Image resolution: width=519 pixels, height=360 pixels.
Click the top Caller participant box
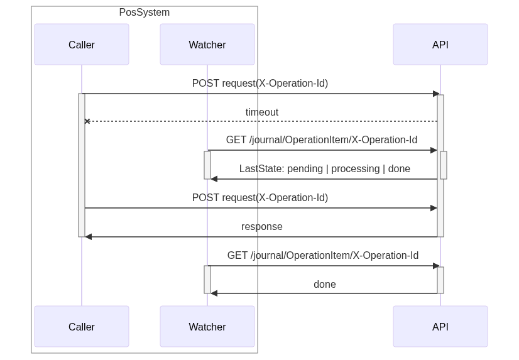pos(82,45)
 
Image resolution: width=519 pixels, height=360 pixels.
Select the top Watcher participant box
pos(207,45)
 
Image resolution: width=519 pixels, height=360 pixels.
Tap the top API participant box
pos(440,45)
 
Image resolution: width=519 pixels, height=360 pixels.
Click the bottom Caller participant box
pos(82,326)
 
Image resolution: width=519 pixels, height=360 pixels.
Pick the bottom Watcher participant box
pos(207,326)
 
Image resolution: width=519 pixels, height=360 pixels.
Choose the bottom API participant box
pos(440,326)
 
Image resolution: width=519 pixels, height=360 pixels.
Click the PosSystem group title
pos(145,12)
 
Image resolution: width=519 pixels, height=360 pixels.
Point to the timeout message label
pos(262,112)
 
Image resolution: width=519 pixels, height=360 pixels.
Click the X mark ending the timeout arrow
pos(87,121)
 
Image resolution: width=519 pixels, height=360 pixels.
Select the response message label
pos(262,227)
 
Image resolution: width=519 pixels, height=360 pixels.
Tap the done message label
pos(325,284)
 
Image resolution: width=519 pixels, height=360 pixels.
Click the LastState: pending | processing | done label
pos(325,169)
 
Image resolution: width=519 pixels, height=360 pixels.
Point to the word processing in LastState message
pos(356,169)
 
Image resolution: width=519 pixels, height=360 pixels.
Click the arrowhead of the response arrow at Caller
pos(88,237)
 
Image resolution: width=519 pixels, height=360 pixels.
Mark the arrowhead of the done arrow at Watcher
pos(214,293)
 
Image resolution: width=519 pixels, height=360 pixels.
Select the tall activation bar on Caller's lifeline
pos(82,165)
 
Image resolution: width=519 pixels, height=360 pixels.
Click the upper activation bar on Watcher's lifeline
pos(207,165)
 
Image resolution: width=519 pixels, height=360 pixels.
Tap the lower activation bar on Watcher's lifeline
pos(207,280)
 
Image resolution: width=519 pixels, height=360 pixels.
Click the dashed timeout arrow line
pos(262,121)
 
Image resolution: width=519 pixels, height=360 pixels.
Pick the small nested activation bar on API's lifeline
pos(444,165)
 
